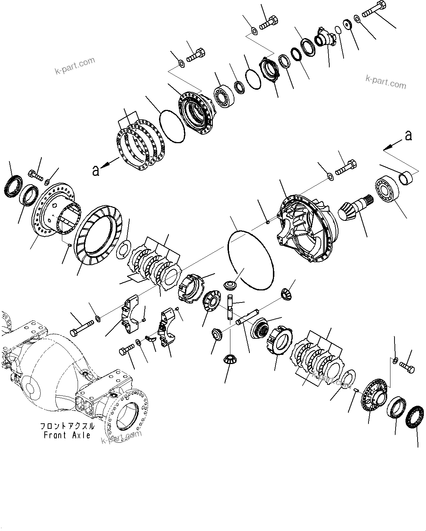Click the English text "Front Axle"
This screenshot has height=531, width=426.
[x=67, y=435]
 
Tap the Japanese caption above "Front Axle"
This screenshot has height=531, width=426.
[x=67, y=426]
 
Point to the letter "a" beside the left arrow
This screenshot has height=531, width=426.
[x=96, y=171]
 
